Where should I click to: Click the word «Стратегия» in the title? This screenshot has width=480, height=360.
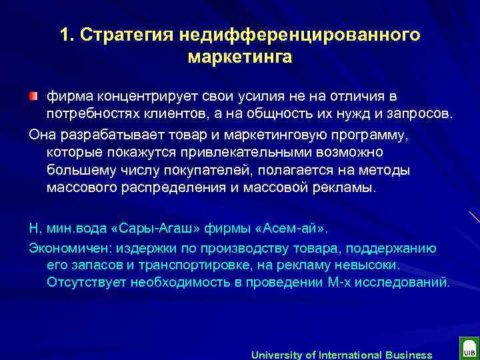pos(130,35)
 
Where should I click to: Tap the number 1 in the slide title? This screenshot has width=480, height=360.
pos(63,35)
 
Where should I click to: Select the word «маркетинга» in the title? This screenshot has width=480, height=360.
pos(240,57)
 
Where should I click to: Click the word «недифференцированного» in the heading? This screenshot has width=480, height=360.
pos(300,35)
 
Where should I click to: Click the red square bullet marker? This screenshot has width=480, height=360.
pos(34,97)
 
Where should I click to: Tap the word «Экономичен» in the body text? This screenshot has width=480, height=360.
pos(71,248)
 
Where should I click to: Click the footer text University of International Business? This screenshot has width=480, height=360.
pos(341,355)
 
